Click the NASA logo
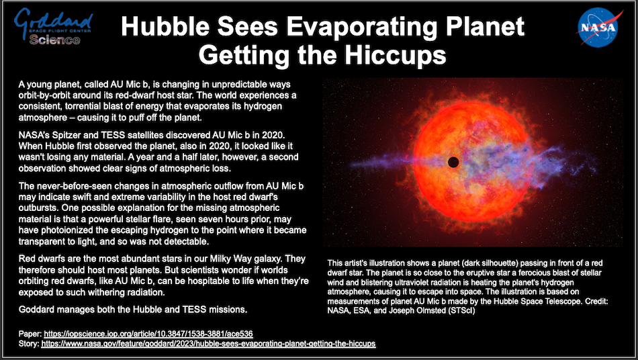598,28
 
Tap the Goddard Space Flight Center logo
53,26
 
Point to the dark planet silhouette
453,162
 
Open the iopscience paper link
148,334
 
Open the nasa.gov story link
208,344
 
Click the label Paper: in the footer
30,334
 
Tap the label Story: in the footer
29,344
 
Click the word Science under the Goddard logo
54,40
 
